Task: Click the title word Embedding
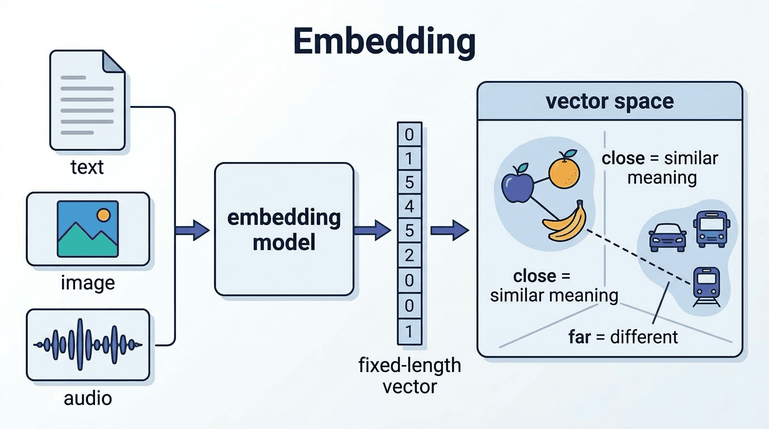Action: click(384, 42)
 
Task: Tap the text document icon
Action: click(87, 100)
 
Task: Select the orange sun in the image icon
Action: click(103, 215)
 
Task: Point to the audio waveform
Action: click(88, 344)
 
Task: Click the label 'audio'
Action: click(88, 398)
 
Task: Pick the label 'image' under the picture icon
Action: click(88, 283)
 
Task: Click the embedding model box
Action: click(284, 229)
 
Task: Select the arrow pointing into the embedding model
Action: click(192, 230)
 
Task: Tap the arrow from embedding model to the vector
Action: click(372, 230)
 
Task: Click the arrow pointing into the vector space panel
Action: click(450, 230)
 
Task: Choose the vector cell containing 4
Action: click(409, 206)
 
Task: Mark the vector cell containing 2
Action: click(409, 255)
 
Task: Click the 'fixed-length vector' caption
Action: click(410, 376)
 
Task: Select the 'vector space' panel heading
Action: click(610, 101)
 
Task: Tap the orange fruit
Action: click(564, 169)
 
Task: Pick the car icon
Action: click(667, 237)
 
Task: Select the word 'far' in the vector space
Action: click(580, 337)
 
